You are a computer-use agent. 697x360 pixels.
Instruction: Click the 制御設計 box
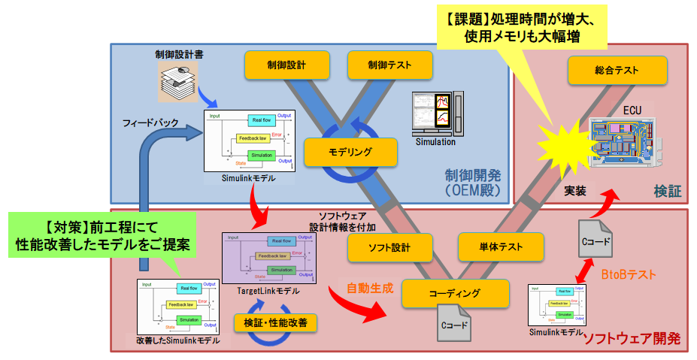[x=286, y=65]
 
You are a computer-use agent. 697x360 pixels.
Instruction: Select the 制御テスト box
[x=389, y=65]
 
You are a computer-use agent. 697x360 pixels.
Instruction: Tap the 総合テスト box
[x=617, y=71]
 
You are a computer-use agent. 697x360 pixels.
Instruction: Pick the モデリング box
[x=350, y=152]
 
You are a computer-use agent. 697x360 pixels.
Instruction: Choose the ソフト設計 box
[x=389, y=247]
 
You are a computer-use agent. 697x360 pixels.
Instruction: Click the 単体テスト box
[x=500, y=247]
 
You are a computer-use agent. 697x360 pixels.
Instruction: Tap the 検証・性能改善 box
[x=275, y=322]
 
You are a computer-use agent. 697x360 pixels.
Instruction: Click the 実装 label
[x=580, y=192]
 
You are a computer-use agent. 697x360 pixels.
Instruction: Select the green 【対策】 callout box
[x=103, y=234]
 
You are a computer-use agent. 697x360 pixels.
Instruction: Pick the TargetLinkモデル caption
[x=262, y=291]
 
